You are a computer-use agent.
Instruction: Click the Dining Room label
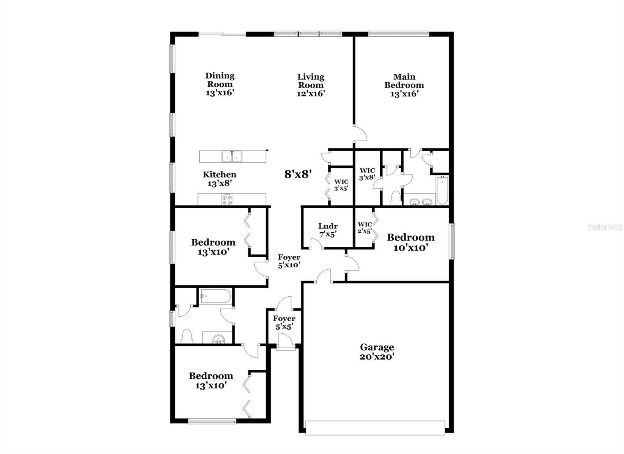tap(220, 84)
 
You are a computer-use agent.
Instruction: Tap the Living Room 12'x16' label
tap(311, 85)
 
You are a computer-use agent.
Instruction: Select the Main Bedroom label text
tap(404, 85)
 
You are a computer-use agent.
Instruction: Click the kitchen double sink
tap(232, 157)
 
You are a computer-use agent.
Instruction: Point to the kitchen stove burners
tap(227, 200)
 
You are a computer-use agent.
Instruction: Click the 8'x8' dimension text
tap(298, 174)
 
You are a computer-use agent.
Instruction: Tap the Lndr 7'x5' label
tap(328, 230)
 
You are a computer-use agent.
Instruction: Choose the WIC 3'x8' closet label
tap(367, 174)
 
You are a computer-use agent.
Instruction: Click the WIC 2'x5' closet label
tap(365, 228)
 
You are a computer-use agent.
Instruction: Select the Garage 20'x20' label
tap(377, 352)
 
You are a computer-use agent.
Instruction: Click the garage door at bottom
tap(375, 427)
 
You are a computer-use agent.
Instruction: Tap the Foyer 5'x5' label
tap(284, 323)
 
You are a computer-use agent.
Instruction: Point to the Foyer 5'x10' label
tap(289, 261)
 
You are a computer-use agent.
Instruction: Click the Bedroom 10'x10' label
tap(411, 242)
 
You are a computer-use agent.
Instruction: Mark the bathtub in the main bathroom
tap(442, 190)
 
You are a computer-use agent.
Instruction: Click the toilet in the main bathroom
tap(395, 197)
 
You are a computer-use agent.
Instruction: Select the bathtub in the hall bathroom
tap(216, 296)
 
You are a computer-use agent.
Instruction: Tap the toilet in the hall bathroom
tap(187, 336)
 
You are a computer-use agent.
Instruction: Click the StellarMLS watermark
tap(605, 227)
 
